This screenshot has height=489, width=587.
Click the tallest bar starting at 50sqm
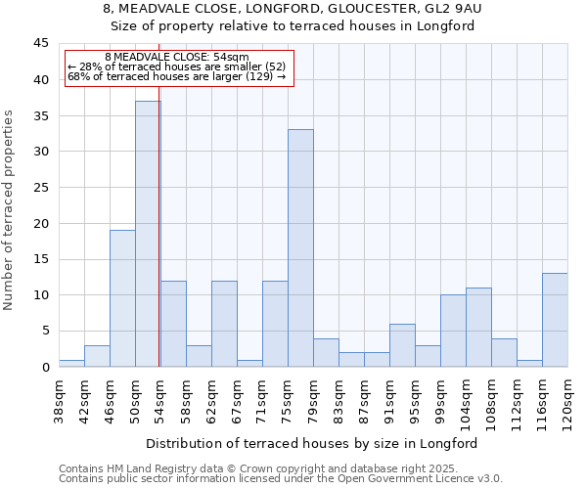point(148,234)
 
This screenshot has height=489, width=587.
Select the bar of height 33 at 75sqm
point(300,248)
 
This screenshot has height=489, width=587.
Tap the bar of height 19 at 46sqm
point(122,298)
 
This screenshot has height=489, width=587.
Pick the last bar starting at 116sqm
point(555,320)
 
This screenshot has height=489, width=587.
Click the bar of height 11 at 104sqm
point(478,327)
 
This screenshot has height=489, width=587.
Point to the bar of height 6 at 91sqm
point(402,345)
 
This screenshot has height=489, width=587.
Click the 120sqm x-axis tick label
point(568,398)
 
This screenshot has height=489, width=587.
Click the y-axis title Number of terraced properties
point(9,209)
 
